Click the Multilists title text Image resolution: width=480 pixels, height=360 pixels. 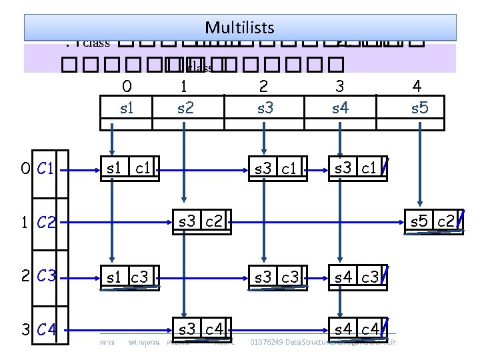point(239,27)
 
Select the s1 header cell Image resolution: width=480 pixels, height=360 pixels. point(127,107)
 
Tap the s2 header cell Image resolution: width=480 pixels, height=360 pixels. point(186,107)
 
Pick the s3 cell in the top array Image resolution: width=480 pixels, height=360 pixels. point(265,107)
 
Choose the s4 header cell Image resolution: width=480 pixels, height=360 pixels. point(340,107)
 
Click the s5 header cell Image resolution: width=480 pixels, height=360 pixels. point(419,107)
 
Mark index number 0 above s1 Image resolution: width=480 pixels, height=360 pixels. point(127,86)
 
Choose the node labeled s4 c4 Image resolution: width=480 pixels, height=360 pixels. point(356,327)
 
